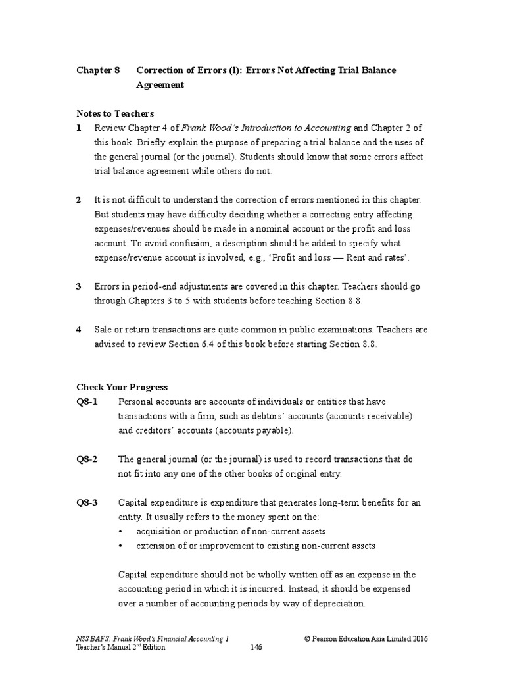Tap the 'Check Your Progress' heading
pos(122,387)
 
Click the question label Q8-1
pos(87,402)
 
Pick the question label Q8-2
pos(87,459)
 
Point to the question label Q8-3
pos(87,502)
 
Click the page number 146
pos(256,648)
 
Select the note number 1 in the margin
pos(79,128)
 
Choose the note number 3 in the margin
pos(79,286)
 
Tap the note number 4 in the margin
pos(79,330)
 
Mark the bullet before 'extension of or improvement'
pos(121,546)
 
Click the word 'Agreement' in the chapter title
pos(160,85)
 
